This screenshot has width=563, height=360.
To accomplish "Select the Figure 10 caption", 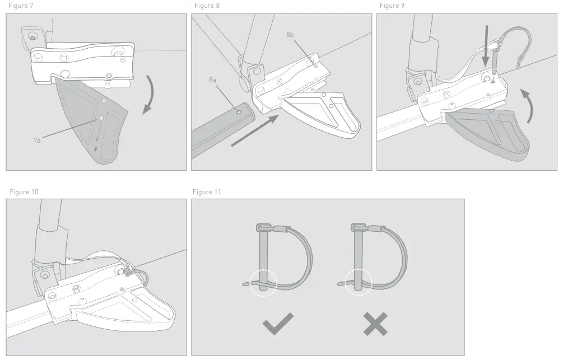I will point(24,192).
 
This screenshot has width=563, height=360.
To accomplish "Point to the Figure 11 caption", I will point(207,192).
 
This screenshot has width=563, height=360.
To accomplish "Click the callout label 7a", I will point(37,141).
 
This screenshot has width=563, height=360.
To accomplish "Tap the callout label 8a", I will point(212,81).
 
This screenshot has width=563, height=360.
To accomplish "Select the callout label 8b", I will point(290,35).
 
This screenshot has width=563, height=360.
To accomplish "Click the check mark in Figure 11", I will point(278,324).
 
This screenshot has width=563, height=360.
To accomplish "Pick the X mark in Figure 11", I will point(374,324).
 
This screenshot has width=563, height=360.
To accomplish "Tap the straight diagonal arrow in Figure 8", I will point(255,131).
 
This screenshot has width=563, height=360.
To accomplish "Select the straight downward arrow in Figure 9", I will point(486,44).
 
